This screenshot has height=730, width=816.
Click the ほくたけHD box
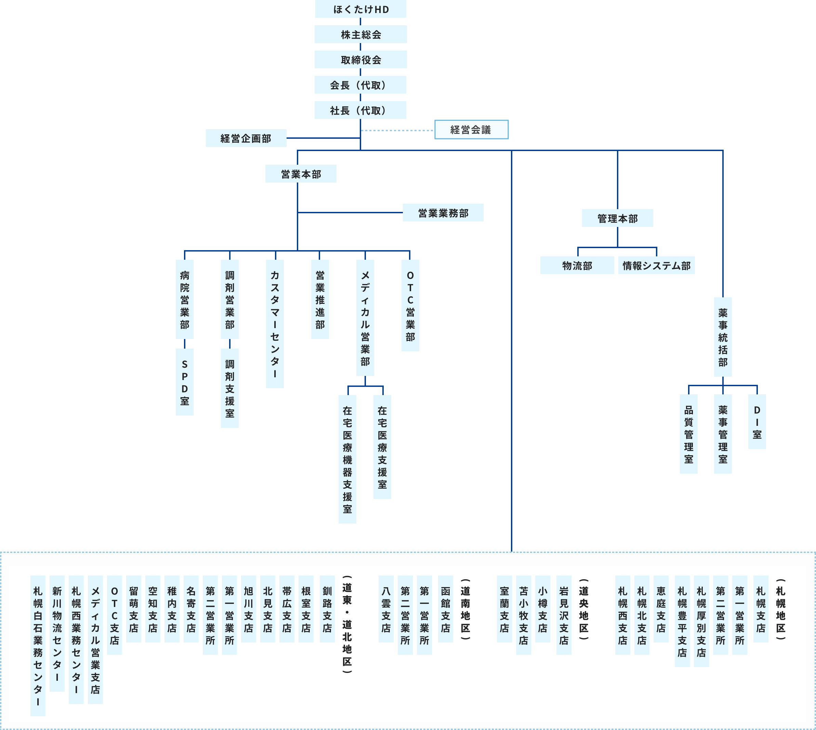coord(360,9)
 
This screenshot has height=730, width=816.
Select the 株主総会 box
coord(360,35)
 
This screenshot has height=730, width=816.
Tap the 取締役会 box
coord(360,60)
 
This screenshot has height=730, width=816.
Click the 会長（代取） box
coord(360,85)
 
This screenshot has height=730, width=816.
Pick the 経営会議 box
coord(471,130)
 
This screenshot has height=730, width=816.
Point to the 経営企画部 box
coord(246,138)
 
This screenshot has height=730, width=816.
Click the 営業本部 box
coord(301,174)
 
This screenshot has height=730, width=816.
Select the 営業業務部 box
coord(443,213)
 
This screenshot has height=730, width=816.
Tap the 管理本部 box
coord(617,218)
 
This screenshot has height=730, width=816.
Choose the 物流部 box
coord(577,266)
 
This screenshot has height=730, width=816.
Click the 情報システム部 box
coord(656,266)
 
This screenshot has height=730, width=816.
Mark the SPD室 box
coord(185,382)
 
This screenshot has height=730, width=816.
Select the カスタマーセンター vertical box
coord(275,324)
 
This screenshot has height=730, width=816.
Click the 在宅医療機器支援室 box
coord(347,459)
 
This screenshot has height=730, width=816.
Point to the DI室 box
coord(757,421)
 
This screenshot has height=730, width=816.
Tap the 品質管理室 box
coord(689,434)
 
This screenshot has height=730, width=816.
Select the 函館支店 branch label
coord(446,609)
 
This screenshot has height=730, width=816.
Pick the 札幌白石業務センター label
coord(38,646)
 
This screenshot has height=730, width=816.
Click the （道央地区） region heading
coord(583,609)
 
